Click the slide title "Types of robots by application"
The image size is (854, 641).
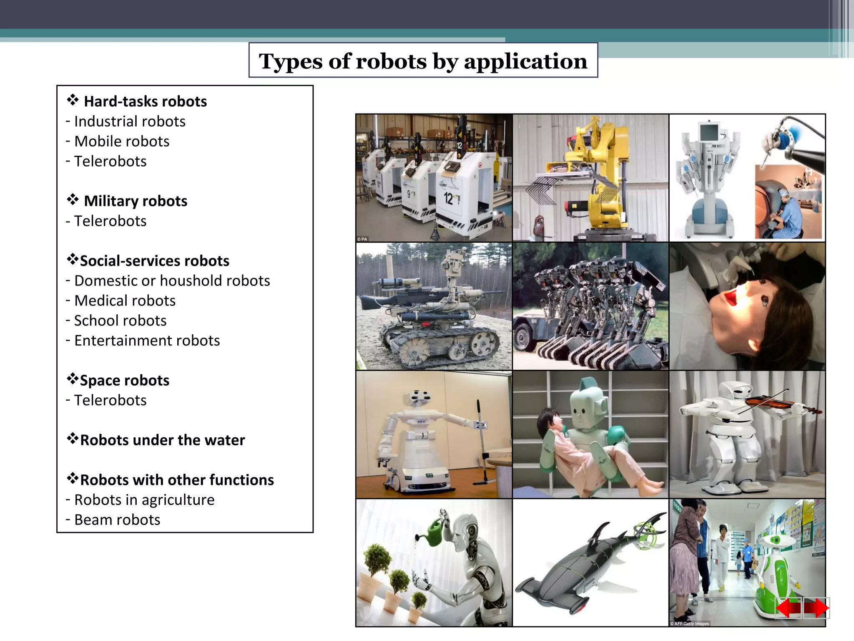(x=423, y=61)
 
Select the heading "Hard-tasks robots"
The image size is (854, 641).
(x=145, y=101)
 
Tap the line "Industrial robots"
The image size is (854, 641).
(x=129, y=121)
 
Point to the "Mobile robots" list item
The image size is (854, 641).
(x=121, y=141)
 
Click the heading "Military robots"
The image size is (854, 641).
(x=136, y=201)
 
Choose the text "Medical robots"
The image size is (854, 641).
(x=125, y=300)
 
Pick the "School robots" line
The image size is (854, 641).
(x=120, y=320)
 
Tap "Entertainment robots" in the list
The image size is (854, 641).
(x=147, y=341)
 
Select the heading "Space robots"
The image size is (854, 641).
(x=124, y=380)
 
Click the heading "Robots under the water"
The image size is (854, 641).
(x=162, y=440)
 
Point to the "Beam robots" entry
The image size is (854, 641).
(x=117, y=520)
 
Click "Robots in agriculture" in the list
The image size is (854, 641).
(x=144, y=500)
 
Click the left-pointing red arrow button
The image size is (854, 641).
(x=788, y=608)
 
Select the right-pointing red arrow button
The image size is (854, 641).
(x=816, y=608)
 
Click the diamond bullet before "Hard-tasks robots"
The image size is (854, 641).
(x=73, y=100)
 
